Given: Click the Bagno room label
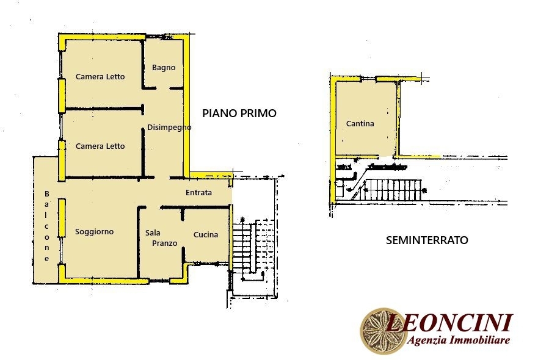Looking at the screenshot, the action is [x=164, y=68].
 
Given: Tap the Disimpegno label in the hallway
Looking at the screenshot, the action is [x=169, y=128].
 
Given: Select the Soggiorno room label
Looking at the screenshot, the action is [x=94, y=232].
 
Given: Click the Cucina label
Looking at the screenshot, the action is [x=206, y=235].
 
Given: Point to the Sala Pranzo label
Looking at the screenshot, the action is [x=161, y=238].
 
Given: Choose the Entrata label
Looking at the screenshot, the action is [x=198, y=192].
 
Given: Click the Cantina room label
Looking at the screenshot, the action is [x=360, y=123].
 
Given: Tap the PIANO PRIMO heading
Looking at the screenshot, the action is [x=239, y=113].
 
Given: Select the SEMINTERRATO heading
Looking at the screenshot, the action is [x=427, y=240].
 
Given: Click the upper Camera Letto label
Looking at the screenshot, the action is [x=100, y=77].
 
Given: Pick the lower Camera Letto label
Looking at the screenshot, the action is [x=100, y=146].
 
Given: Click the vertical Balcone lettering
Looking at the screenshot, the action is [x=46, y=226].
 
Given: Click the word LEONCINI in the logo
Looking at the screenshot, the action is [x=449, y=323].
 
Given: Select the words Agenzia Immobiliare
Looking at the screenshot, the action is [x=459, y=340].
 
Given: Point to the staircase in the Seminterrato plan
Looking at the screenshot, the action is [x=393, y=190].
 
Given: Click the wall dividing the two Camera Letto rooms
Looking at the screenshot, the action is [x=104, y=109].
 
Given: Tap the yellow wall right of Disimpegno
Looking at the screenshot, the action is [x=187, y=107].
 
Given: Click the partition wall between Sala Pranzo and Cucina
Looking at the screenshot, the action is [x=183, y=238].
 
